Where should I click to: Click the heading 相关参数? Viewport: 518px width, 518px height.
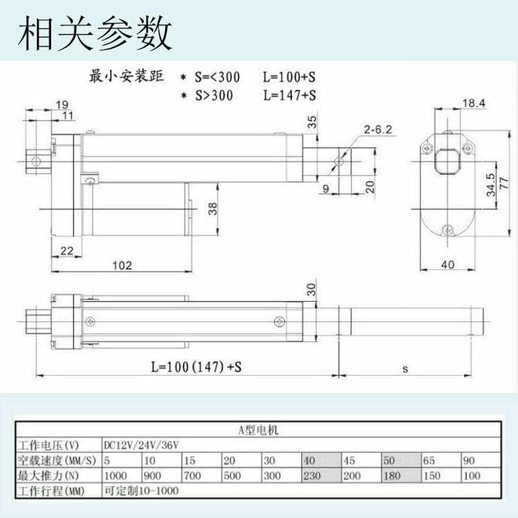(x=95, y=32)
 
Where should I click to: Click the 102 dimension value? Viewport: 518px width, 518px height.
(x=122, y=265)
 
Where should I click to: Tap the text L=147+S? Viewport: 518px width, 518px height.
(x=289, y=95)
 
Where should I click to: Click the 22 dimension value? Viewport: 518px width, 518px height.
(x=67, y=251)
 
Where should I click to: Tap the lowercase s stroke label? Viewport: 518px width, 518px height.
(x=405, y=369)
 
